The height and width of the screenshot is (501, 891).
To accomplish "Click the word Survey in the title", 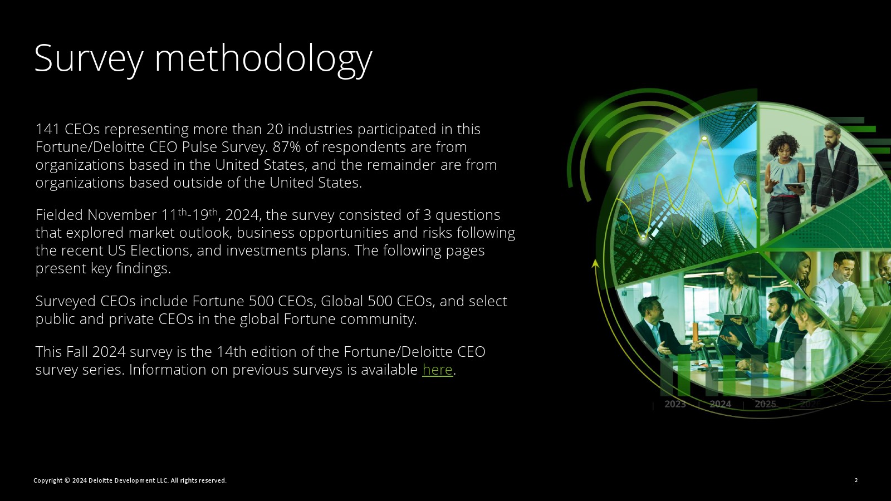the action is (x=89, y=60).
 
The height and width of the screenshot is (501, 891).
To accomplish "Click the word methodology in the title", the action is (x=263, y=60).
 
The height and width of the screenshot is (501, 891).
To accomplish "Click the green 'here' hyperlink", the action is (x=438, y=370).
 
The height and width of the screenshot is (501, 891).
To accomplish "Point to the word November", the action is (x=122, y=215).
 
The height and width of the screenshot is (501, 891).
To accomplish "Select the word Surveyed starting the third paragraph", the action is (x=65, y=301).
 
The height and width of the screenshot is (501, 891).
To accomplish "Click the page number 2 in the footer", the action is (x=856, y=480).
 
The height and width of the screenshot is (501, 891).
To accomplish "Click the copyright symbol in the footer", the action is (x=67, y=480).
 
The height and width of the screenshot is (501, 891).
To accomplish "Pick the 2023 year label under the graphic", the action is (x=675, y=404).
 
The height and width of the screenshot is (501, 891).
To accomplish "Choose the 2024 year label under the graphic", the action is (x=721, y=404).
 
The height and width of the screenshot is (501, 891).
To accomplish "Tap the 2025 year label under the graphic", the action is (x=765, y=404).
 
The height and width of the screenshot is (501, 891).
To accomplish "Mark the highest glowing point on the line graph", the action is (x=704, y=139).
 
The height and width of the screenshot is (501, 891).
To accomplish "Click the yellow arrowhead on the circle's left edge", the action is (x=595, y=263).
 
